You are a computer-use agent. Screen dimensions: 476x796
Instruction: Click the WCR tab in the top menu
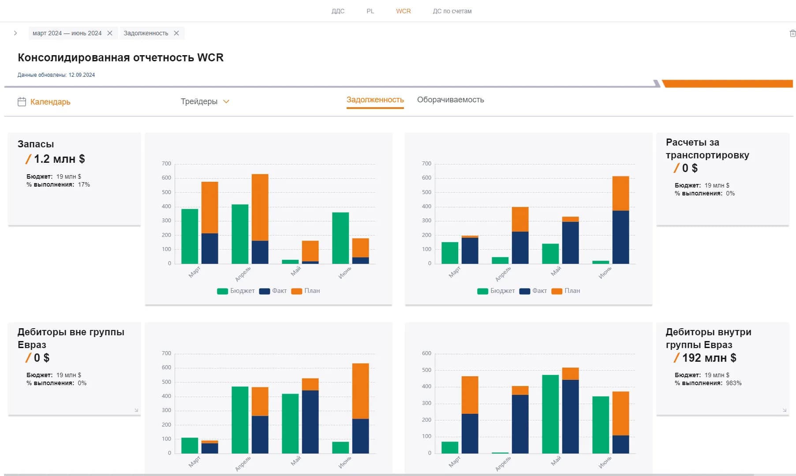pos(403,11)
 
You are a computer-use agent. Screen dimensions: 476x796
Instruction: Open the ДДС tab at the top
pos(338,11)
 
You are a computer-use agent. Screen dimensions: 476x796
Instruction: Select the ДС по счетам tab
pos(452,11)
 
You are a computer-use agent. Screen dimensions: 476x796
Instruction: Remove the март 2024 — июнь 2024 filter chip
pos(110,33)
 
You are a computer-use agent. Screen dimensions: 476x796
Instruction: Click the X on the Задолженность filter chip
pos(176,33)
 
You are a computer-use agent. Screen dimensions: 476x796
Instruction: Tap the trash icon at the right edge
pos(792,34)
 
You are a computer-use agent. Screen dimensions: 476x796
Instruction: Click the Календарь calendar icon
pos(22,102)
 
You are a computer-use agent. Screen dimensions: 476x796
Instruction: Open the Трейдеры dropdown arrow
pos(226,101)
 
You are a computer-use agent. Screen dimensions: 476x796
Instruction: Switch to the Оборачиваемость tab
pos(450,100)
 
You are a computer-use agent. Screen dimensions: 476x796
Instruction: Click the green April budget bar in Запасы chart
pos(240,234)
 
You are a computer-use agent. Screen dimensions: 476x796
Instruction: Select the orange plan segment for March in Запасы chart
pos(209,207)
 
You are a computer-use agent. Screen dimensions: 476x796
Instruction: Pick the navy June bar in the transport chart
pos(620,237)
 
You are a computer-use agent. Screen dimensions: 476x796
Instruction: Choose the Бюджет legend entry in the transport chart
pos(496,291)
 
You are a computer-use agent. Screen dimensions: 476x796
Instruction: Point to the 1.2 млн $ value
pos(59,159)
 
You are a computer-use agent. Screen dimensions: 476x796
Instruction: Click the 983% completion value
pos(734,383)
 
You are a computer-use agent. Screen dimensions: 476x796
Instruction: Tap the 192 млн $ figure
pos(709,358)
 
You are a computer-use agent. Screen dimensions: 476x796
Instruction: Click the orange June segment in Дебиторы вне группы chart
pos(360,391)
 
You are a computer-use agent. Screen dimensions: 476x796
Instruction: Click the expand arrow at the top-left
pos(15,33)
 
